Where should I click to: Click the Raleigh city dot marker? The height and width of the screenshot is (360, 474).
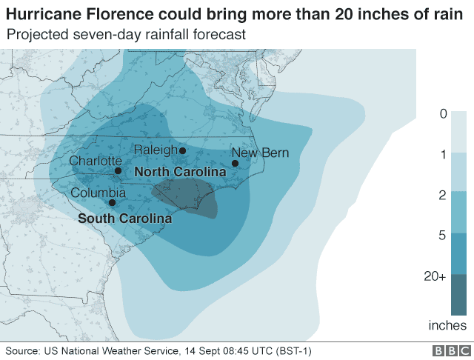182,150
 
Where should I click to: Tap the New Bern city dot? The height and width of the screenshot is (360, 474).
235,163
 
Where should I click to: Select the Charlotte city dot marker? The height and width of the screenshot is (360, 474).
118,171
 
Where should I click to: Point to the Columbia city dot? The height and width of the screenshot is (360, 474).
112,202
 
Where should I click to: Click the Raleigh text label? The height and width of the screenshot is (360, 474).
155,150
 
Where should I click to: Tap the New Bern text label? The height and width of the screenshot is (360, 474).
260,153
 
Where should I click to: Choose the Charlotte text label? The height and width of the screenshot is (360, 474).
95,161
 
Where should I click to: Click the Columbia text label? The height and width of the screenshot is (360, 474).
98,193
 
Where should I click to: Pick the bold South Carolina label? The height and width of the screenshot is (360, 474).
125,219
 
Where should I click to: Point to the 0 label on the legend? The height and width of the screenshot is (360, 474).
443,113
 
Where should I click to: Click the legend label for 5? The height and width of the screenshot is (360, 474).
443,234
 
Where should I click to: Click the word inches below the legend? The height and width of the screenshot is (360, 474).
447,325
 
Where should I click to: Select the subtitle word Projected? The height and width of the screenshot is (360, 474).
36,35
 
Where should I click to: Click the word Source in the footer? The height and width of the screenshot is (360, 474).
22,350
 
